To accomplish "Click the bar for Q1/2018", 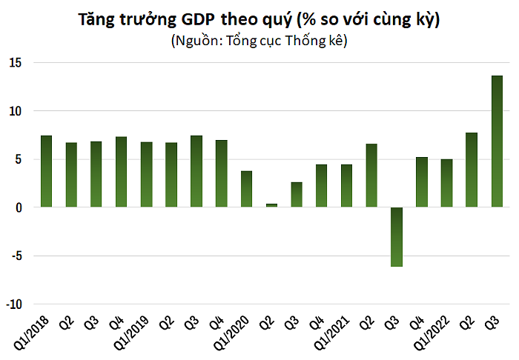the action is [x=46, y=171].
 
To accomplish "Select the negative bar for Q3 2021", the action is [x=397, y=237].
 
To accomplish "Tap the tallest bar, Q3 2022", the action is [x=497, y=141].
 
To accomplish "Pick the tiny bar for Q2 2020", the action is [x=271, y=205].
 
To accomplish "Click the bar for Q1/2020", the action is [x=247, y=189].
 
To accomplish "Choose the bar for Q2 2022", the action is [x=472, y=170].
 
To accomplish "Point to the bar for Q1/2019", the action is [x=146, y=175].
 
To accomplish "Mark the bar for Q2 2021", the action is [x=371, y=176].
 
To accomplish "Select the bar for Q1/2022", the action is [x=446, y=183].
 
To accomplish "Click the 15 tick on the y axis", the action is [x=16, y=62].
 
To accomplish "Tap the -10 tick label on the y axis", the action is [x=13, y=304].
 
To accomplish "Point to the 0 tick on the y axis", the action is [x=19, y=207].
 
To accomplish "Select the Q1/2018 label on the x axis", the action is [x=31, y=333].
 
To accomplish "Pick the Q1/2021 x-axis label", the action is [x=331, y=333].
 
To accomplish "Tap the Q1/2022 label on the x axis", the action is [x=432, y=333].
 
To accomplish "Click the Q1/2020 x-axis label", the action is [x=231, y=333].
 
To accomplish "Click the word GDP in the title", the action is [x=198, y=19].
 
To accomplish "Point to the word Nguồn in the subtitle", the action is [x=197, y=41].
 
